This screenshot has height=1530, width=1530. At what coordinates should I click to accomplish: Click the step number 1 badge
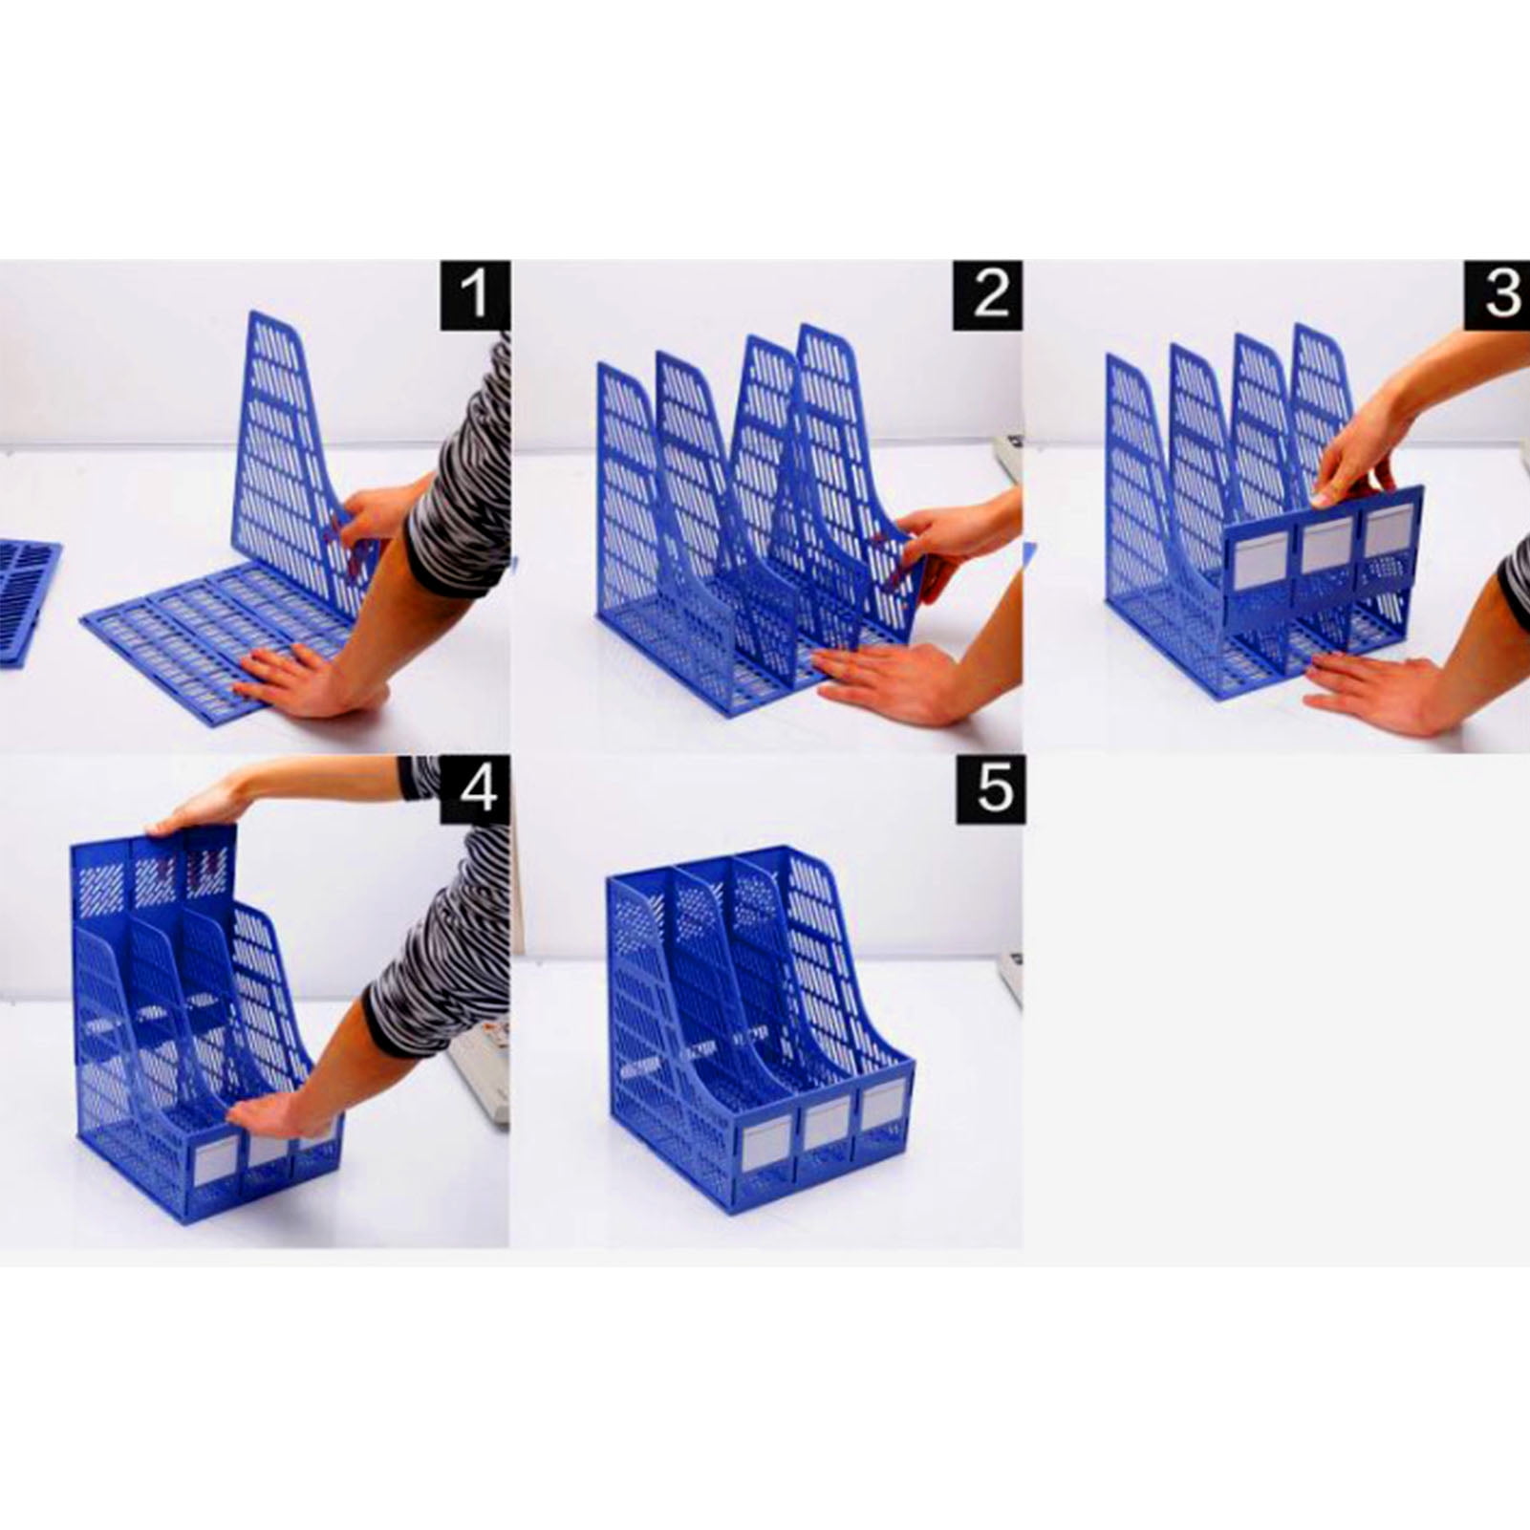[474, 295]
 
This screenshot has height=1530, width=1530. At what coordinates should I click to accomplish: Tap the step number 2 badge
[987, 295]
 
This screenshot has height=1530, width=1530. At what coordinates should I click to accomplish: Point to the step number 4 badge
[474, 790]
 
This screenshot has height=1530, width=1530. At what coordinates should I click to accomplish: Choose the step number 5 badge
[992, 790]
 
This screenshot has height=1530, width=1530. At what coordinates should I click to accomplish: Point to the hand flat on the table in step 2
[884, 681]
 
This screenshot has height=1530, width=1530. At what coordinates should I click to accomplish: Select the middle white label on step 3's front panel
[1326, 545]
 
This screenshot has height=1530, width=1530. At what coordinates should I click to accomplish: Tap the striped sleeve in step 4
[444, 941]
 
